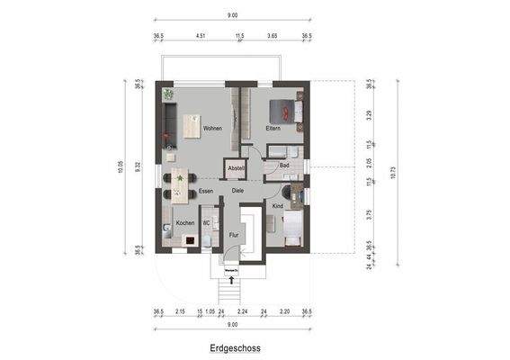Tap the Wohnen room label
pyautogui.click(x=212, y=129)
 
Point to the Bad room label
pyautogui.click(x=284, y=166)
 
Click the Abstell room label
pyautogui.click(x=236, y=169)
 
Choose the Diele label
pyautogui.click(x=237, y=191)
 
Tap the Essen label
pyautogui.click(x=206, y=191)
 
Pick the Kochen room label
pyautogui.click(x=184, y=223)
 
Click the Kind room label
pyautogui.click(x=277, y=207)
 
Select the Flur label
pyautogui.click(x=233, y=236)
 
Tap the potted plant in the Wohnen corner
pyautogui.click(x=167, y=94)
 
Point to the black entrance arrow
pyautogui.click(x=232, y=282)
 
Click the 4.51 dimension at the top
pyautogui.click(x=201, y=37)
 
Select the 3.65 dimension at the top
pyautogui.click(x=273, y=37)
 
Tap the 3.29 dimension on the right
pyautogui.click(x=370, y=116)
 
